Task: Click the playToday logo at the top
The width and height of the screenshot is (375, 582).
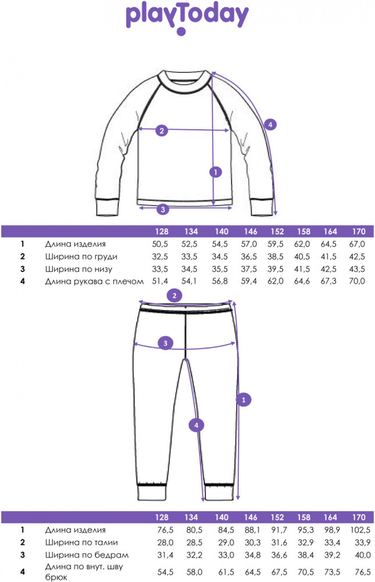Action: coord(187,19)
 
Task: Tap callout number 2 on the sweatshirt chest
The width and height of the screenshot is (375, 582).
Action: coord(161,130)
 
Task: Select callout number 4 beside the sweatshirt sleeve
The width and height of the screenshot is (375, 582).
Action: coord(270,125)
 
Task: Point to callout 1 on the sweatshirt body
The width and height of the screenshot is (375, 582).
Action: coord(215,172)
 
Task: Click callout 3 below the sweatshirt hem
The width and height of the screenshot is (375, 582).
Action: coord(162,210)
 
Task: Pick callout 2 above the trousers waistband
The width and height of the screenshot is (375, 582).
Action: coord(175,296)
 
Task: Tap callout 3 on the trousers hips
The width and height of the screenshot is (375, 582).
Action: coord(165,343)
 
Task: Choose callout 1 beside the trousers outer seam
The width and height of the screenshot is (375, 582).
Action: coord(244,400)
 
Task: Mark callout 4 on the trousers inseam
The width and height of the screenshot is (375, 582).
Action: coord(196,425)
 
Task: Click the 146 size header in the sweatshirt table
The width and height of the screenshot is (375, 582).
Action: coord(250,232)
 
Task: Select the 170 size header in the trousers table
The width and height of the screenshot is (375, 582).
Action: coord(359,517)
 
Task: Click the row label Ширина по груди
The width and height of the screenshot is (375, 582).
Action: coord(82,257)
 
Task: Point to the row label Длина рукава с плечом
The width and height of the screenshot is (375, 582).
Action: coord(94,281)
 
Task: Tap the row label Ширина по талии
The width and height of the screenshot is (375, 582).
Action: coord(82,542)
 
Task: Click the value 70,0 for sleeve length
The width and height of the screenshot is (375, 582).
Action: coord(357,281)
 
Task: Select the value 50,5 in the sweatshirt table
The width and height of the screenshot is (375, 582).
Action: coord(160,244)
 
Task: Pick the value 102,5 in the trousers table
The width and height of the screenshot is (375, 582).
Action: coord(360,530)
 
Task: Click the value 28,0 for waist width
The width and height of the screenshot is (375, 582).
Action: coord(165,542)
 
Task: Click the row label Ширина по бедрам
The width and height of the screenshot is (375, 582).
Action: coord(87,555)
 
